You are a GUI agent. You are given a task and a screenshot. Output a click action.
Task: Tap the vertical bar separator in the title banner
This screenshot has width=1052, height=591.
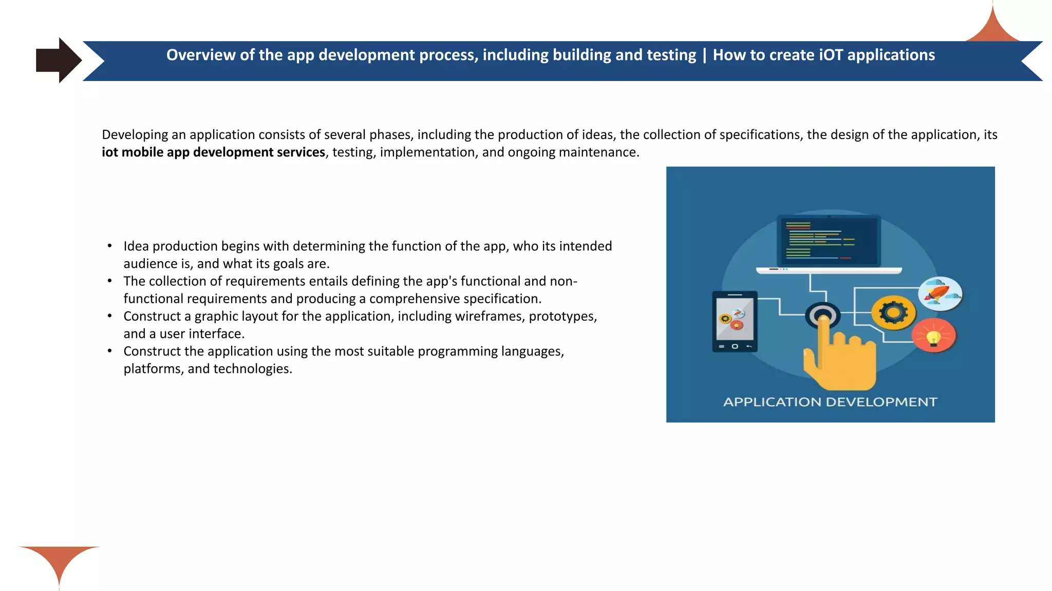coord(704,55)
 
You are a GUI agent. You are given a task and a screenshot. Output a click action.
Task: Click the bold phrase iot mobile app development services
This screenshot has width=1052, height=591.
coord(213,152)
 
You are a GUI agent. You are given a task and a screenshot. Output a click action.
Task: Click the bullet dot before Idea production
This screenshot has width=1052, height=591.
coord(109,246)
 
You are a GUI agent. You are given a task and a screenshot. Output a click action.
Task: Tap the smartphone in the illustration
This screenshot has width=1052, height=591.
coord(735,322)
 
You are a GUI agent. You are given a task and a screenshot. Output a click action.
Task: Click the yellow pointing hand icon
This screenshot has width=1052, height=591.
coord(838,359)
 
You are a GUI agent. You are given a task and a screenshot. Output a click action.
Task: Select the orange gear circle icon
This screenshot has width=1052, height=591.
coord(893,312)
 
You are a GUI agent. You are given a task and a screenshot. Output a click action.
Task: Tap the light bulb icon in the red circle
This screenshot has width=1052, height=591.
coord(933,337)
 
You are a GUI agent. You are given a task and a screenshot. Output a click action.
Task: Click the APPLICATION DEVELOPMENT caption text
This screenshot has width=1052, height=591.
coord(830,402)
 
